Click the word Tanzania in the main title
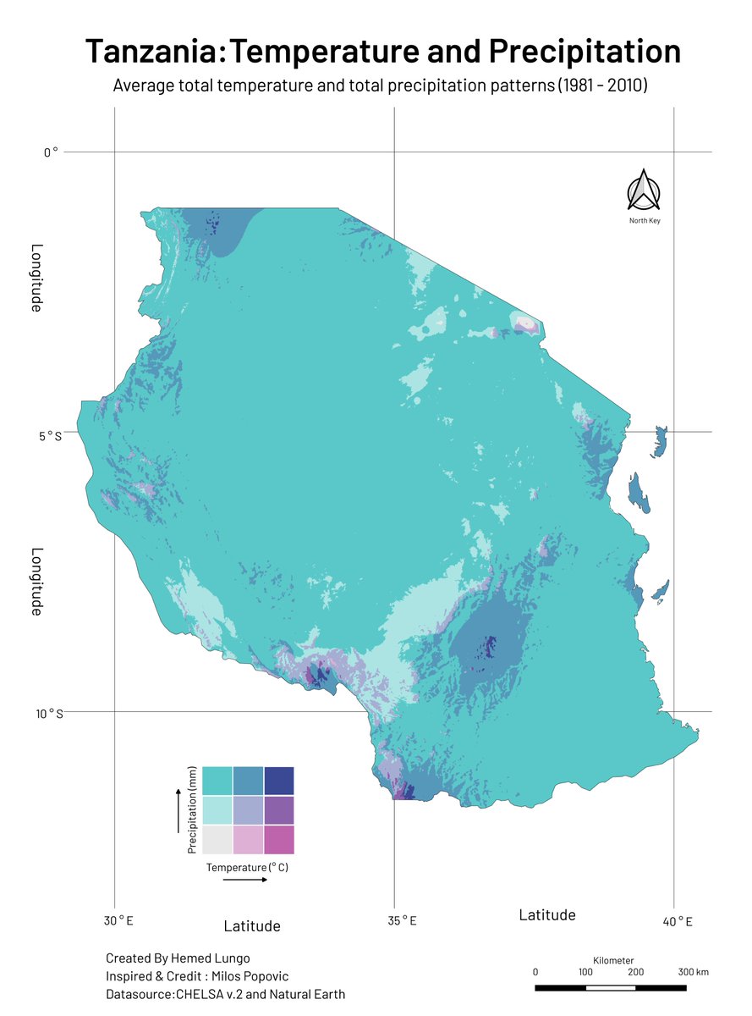tap(153, 52)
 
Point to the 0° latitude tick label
tap(51, 152)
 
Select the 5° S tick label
tap(49, 435)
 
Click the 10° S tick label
tap(49, 714)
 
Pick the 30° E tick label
tap(118, 921)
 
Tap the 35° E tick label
tap(401, 921)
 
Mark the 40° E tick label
tap(677, 921)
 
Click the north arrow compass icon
tap(644, 190)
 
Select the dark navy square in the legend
tap(279, 780)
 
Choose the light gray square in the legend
tap(218, 839)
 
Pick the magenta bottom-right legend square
tap(279, 839)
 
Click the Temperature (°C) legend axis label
tap(247, 868)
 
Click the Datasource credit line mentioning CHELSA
tap(225, 994)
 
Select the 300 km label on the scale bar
tap(693, 972)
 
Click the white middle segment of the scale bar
tap(611, 987)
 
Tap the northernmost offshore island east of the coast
tap(660, 442)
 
